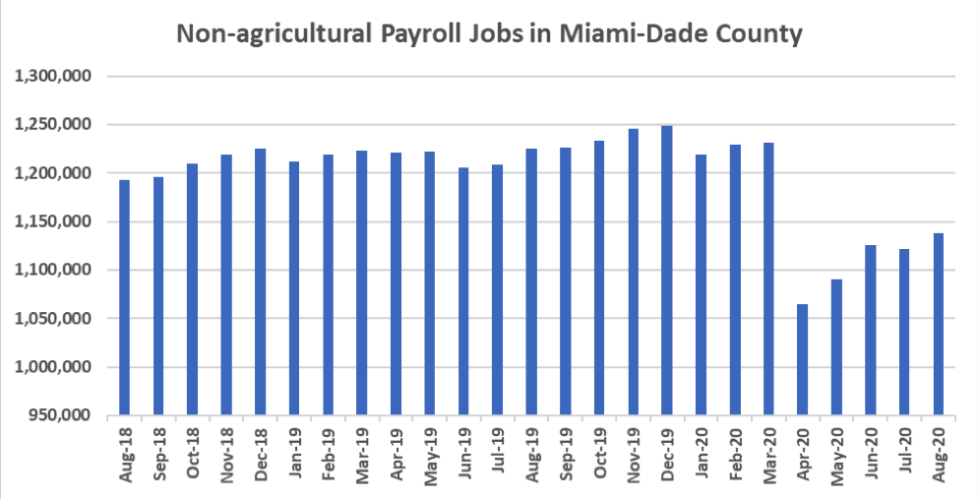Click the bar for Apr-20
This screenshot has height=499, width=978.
tap(803, 359)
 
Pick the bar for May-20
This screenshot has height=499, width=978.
tap(836, 346)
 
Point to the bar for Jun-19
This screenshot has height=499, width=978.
tap(463, 291)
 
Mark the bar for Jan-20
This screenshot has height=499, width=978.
tap(701, 284)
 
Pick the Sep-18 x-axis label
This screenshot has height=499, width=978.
tap(159, 451)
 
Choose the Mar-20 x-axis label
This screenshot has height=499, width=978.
tap(769, 451)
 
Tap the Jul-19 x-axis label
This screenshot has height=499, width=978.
tap(498, 451)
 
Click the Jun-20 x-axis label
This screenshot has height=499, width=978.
tap(872, 451)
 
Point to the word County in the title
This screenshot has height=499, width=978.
tap(755, 34)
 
